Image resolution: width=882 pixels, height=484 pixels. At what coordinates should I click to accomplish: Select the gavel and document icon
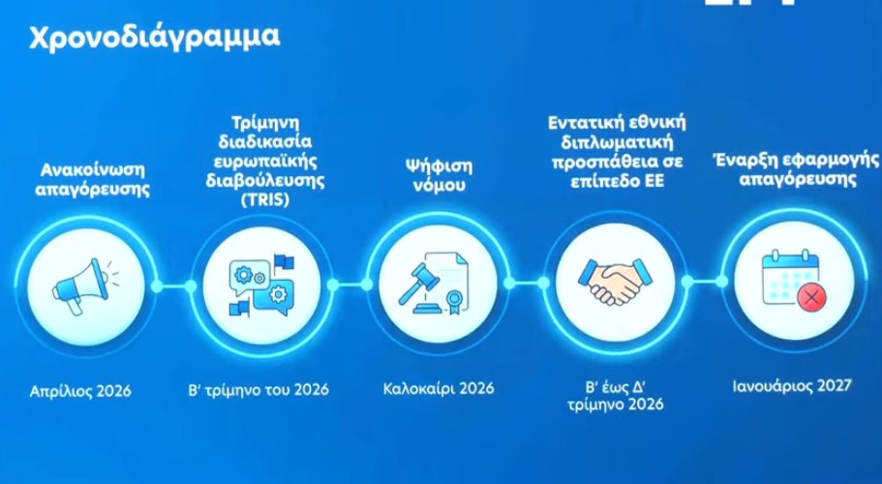pyautogui.click(x=434, y=284)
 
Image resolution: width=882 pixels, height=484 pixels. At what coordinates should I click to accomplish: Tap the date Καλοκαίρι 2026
pyautogui.click(x=434, y=389)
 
